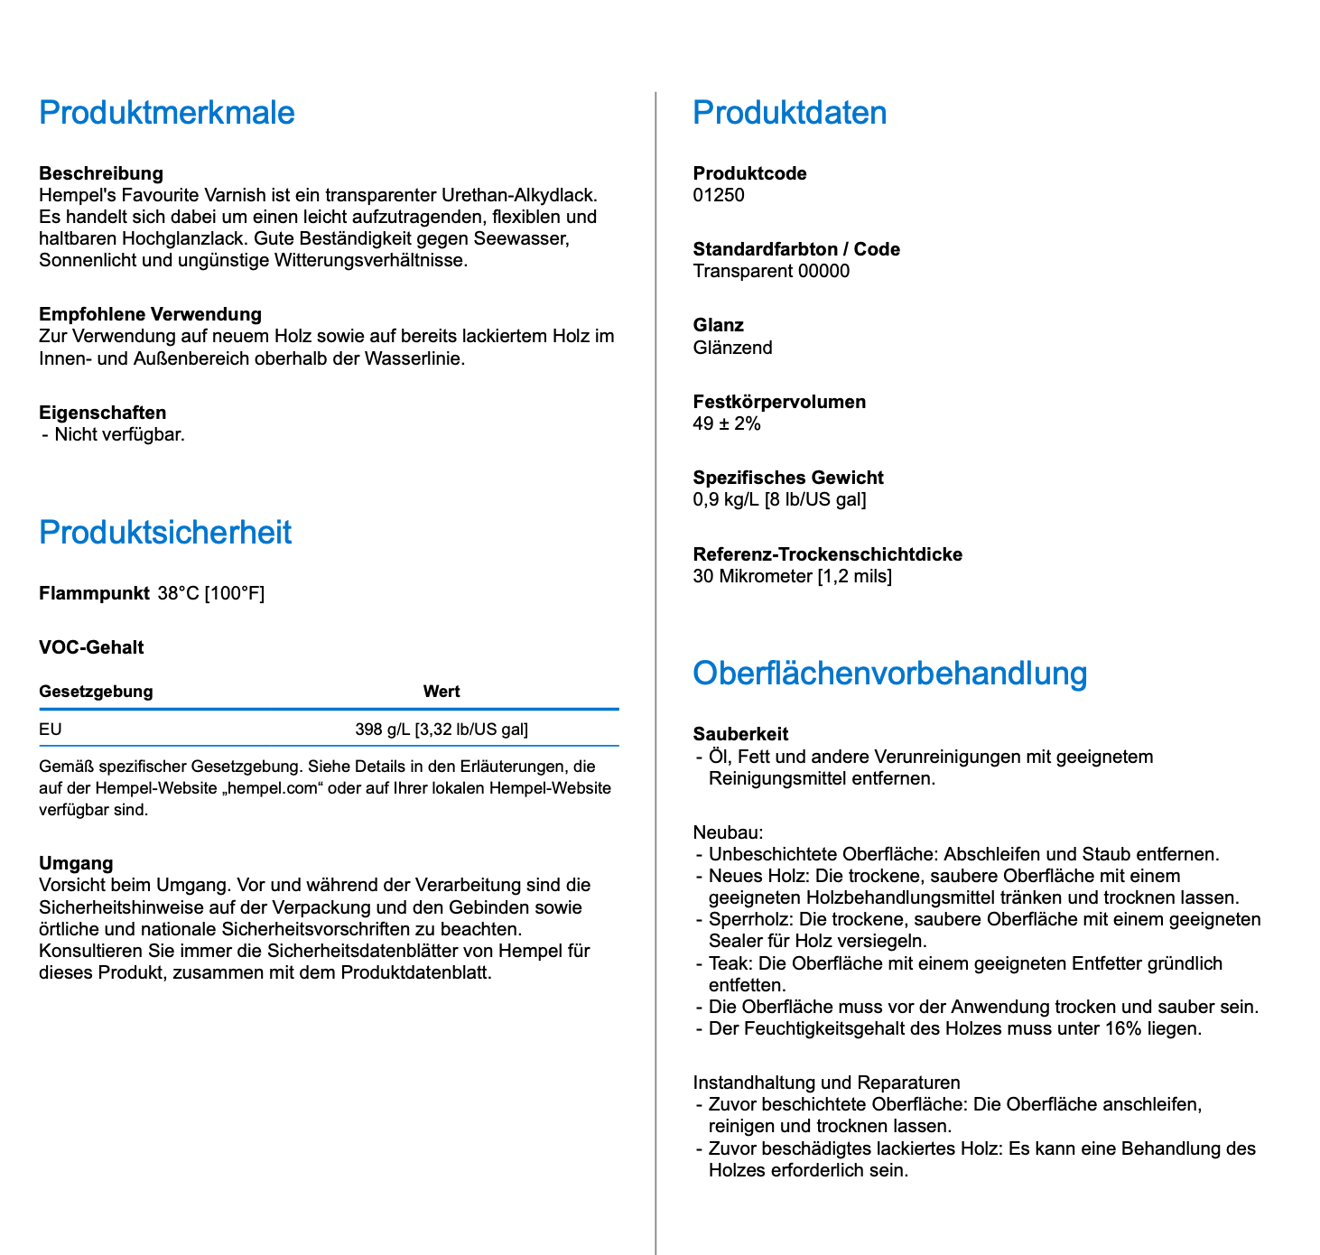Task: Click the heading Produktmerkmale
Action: coord(167,113)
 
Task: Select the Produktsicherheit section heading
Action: coord(165,533)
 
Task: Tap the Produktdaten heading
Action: coord(789,113)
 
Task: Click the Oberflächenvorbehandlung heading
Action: coord(889,674)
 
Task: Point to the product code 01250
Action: coord(719,196)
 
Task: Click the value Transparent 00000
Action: coord(771,272)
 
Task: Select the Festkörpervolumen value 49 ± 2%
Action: coord(727,424)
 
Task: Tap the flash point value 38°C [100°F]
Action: coord(211,594)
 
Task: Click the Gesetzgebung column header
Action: coord(96,692)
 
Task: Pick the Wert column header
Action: coord(442,692)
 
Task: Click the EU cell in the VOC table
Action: coord(51,730)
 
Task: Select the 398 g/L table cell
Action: coord(442,730)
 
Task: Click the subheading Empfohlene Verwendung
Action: coord(150,314)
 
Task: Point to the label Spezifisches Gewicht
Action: coord(788,478)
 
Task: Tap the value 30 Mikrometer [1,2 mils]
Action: coord(792,576)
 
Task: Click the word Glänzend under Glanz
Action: coord(732,348)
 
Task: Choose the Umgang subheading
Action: coord(76,863)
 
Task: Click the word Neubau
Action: coord(728,832)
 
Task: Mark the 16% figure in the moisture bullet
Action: coord(1123,1028)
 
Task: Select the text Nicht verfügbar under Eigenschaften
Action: coord(119,434)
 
